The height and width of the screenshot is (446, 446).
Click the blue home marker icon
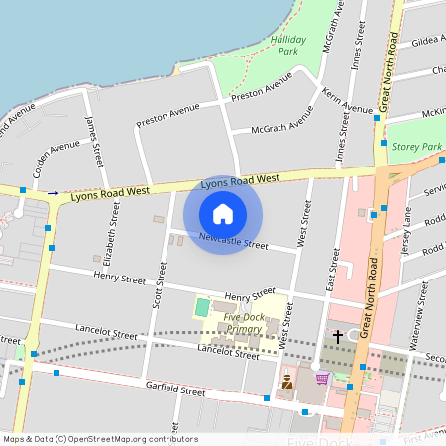223,213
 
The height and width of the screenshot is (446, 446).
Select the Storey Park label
416,147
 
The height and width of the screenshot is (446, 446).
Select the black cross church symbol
337,337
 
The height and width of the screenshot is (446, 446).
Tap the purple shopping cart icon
321,378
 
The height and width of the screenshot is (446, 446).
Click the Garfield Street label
174,391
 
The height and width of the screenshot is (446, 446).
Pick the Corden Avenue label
56,158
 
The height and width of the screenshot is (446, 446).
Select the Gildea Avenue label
427,43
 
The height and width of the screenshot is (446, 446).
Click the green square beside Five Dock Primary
202,307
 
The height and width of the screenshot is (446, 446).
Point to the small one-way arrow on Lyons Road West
54,193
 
